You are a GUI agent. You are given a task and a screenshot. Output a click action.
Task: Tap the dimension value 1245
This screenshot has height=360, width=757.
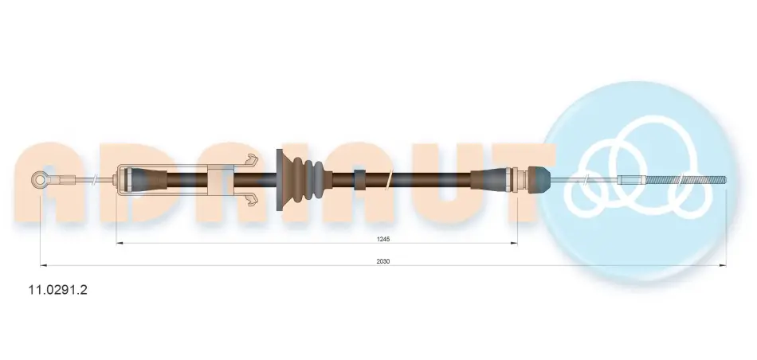384,239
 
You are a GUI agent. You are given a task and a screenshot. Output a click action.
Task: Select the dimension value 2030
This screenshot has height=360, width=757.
383,261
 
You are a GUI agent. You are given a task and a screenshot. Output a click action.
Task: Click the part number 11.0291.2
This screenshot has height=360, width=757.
58,290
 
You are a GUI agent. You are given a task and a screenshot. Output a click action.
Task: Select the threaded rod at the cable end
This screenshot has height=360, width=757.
684,181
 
